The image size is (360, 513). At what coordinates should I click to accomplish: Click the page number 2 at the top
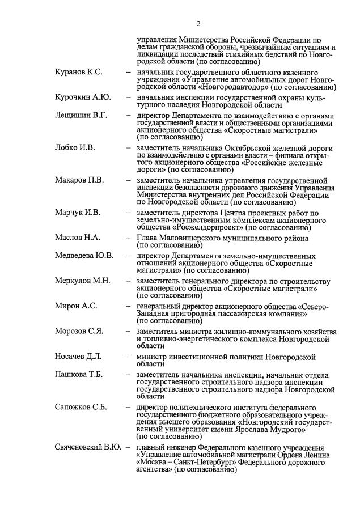click(x=198, y=23)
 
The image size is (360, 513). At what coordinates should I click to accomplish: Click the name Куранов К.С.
click(x=79, y=73)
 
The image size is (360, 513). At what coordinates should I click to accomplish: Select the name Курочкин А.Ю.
click(x=83, y=97)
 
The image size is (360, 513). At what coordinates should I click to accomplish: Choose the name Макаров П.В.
click(x=79, y=180)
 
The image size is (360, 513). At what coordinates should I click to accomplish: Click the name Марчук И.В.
click(x=78, y=213)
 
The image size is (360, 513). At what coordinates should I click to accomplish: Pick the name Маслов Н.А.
click(x=78, y=237)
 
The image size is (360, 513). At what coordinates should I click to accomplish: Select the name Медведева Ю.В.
click(x=84, y=255)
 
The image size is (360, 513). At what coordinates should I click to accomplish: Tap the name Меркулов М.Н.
click(x=83, y=280)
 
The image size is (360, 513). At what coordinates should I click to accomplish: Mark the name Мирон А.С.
click(x=76, y=306)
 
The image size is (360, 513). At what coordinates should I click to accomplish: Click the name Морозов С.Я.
click(x=79, y=330)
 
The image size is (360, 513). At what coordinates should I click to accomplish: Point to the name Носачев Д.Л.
click(x=78, y=356)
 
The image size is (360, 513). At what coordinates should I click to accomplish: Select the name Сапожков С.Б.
click(x=81, y=406)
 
